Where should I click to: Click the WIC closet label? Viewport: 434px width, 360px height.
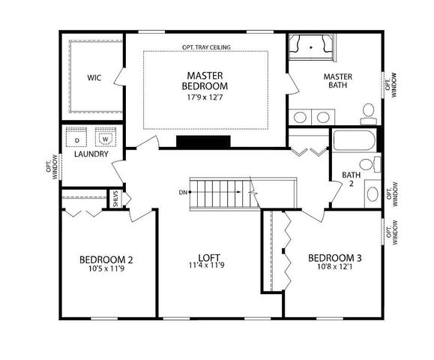(94, 77)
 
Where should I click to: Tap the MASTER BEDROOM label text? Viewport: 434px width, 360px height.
(202, 80)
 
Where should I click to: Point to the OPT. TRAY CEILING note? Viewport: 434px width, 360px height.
(206, 47)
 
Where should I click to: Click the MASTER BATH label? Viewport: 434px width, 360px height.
(338, 81)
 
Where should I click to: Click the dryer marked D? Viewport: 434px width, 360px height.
(76, 139)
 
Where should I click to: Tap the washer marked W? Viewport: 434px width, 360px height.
(104, 139)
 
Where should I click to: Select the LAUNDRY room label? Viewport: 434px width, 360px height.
(91, 154)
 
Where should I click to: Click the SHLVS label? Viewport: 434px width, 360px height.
(116, 198)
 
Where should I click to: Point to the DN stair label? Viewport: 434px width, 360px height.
(182, 193)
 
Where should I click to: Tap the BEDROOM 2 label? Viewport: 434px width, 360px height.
(106, 260)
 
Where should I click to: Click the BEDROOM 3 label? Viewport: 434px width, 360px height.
(335, 258)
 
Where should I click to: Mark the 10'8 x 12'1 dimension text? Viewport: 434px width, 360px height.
(335, 268)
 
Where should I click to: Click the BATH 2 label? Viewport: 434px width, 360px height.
(352, 180)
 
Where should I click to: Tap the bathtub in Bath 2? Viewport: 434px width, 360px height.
(354, 140)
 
